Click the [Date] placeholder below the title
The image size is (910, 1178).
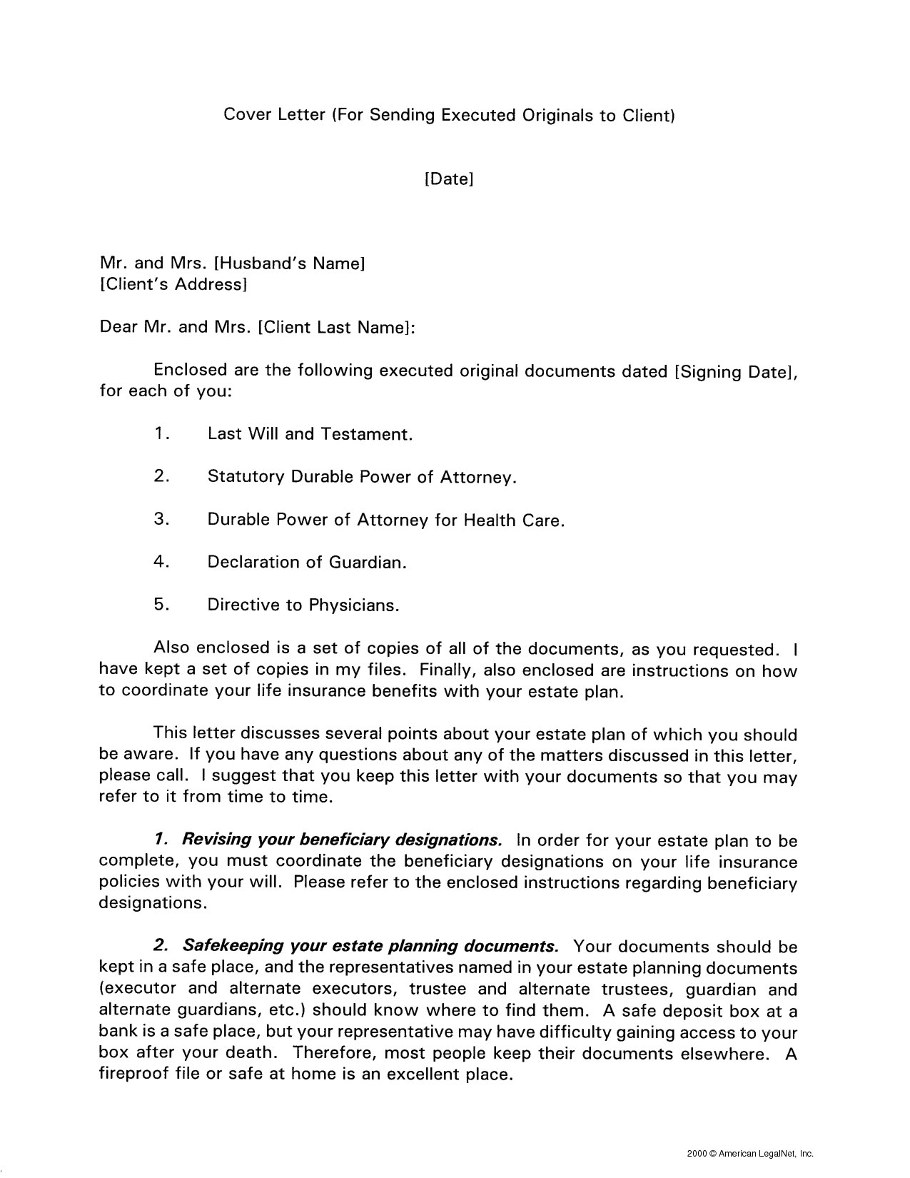(449, 178)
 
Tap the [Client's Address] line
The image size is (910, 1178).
(173, 285)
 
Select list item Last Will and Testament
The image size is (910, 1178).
(310, 434)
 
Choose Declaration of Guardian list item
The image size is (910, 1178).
(307, 563)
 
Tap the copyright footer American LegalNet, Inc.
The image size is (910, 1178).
(749, 1152)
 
